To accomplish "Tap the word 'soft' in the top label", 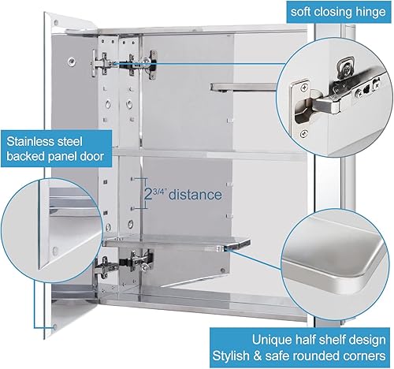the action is pyautogui.click(x=300, y=12).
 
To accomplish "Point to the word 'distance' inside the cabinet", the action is pyautogui.click(x=195, y=195).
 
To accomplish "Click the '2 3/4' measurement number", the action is pyautogui.click(x=155, y=195).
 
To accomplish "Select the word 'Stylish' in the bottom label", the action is pyautogui.click(x=231, y=356).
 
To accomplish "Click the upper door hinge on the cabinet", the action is pyautogui.click(x=125, y=64).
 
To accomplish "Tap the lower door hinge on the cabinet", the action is pyautogui.click(x=124, y=264).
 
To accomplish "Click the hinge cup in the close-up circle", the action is pyautogui.click(x=304, y=112).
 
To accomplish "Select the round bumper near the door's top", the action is pyautogui.click(x=71, y=61).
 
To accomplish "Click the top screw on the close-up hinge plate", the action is pyautogui.click(x=304, y=88).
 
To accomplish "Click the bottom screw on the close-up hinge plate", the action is pyautogui.click(x=303, y=133).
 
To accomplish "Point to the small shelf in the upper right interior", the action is pyautogui.click(x=243, y=88).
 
